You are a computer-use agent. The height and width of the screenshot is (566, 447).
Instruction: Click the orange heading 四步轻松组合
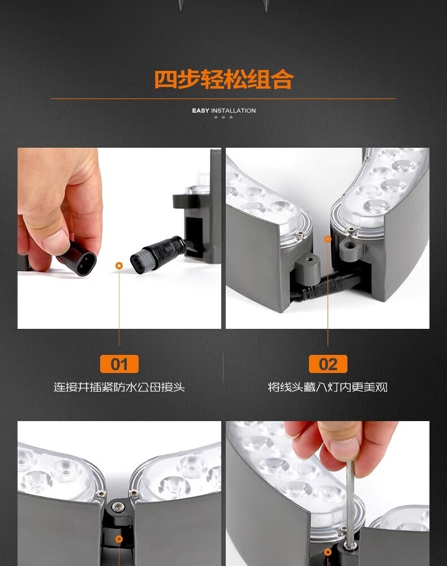coord(223,79)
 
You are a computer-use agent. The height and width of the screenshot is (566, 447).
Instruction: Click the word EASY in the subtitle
coord(201,110)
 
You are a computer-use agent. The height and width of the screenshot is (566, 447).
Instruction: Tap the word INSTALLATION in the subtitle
coord(234,110)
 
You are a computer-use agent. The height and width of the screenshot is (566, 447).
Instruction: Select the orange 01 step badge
coord(119,364)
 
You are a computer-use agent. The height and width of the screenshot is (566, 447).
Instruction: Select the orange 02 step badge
coord(328,364)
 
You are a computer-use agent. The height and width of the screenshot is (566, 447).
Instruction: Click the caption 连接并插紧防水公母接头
coord(119,387)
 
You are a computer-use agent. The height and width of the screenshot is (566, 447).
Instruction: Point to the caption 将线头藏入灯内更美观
coord(328,387)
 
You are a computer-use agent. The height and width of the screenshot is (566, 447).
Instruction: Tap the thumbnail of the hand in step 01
coord(60,209)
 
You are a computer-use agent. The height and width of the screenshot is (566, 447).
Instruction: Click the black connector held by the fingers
coord(77,258)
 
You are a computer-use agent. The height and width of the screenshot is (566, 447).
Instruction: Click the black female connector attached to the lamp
coord(159,254)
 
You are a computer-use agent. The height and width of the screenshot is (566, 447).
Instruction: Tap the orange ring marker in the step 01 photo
coord(119,266)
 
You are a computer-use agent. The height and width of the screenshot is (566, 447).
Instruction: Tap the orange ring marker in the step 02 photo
coord(328,239)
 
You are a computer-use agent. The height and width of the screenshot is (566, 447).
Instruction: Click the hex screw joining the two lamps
coord(117,508)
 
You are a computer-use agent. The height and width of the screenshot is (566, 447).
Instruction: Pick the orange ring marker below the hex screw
coord(119,539)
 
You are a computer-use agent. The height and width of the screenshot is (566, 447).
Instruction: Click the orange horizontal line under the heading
coord(223,98)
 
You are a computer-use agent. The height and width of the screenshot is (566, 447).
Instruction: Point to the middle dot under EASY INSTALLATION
coord(223,117)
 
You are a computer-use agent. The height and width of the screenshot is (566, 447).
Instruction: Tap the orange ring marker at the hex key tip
coord(328,552)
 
